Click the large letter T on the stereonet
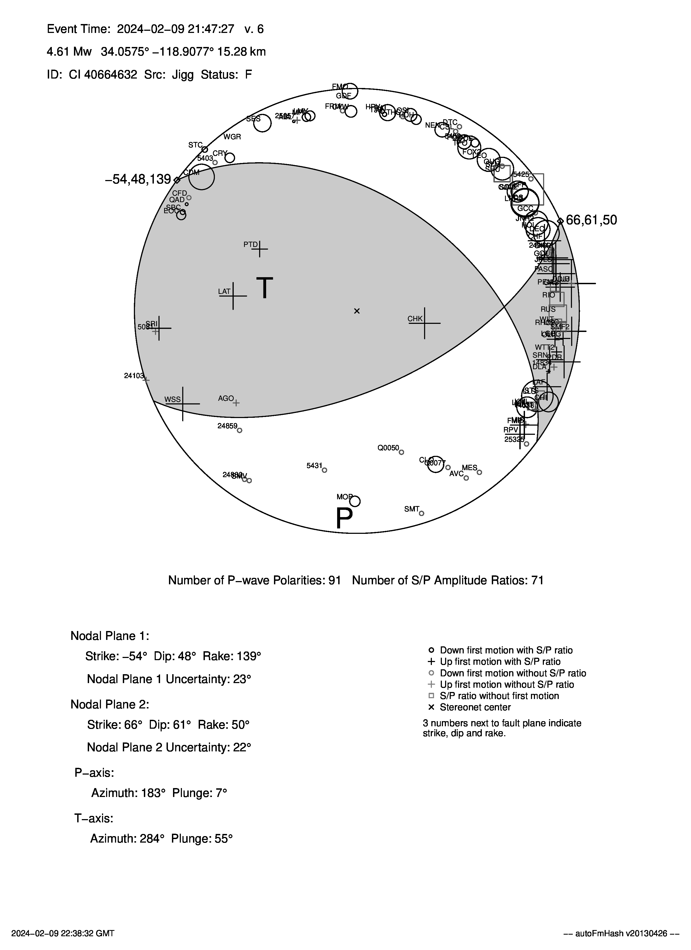click(265, 288)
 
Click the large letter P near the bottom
click(344, 518)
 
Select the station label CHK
click(415, 319)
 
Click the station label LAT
click(224, 291)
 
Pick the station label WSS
click(172, 399)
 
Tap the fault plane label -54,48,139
click(138, 180)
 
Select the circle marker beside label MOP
click(355, 501)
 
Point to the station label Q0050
click(388, 448)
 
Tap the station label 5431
click(314, 465)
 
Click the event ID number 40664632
click(111, 74)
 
